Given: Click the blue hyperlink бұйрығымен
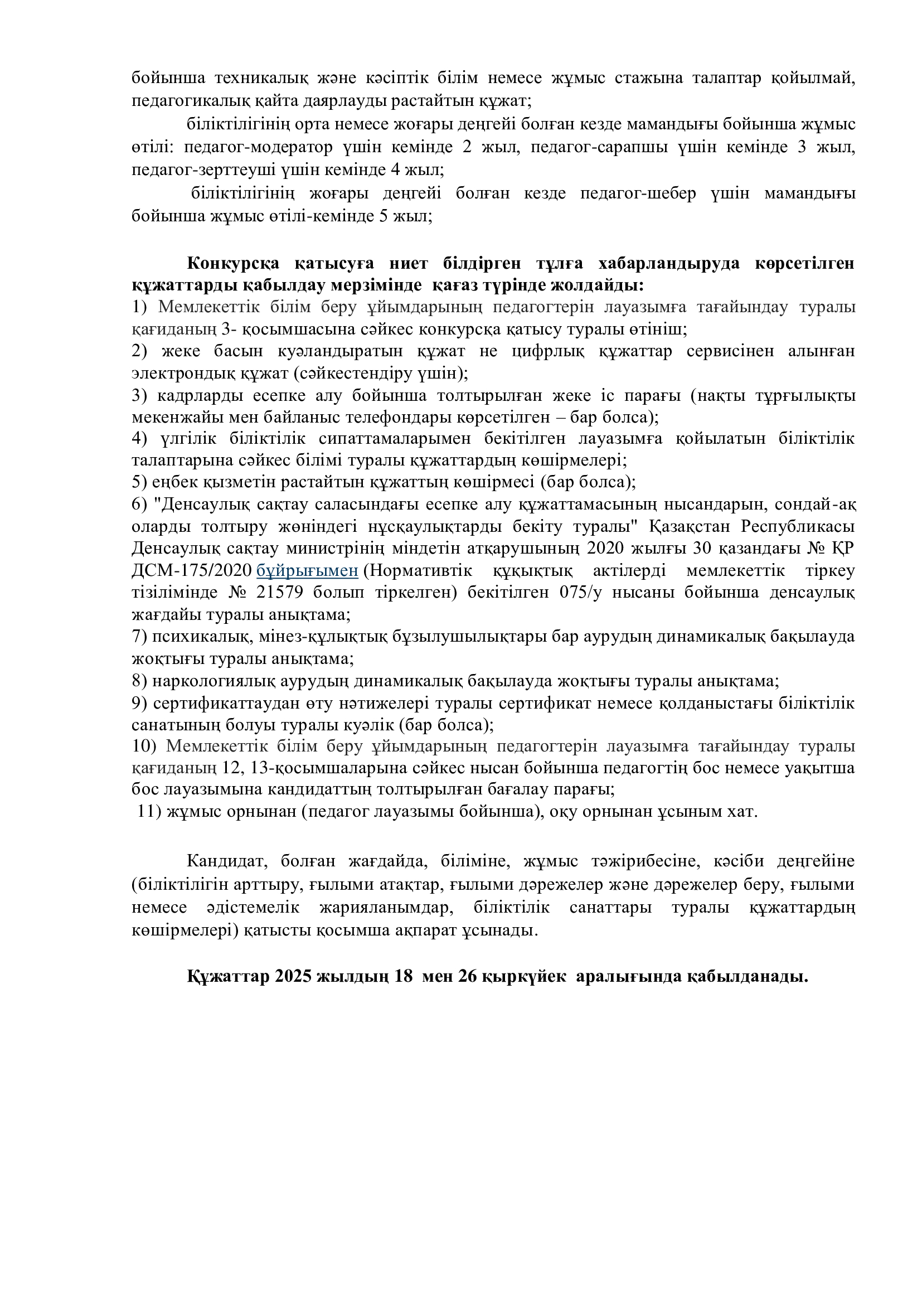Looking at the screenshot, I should tap(307, 570).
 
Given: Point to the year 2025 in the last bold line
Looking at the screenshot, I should tap(293, 976).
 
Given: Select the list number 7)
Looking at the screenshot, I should tap(139, 636).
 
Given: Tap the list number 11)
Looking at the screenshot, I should tap(149, 812).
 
